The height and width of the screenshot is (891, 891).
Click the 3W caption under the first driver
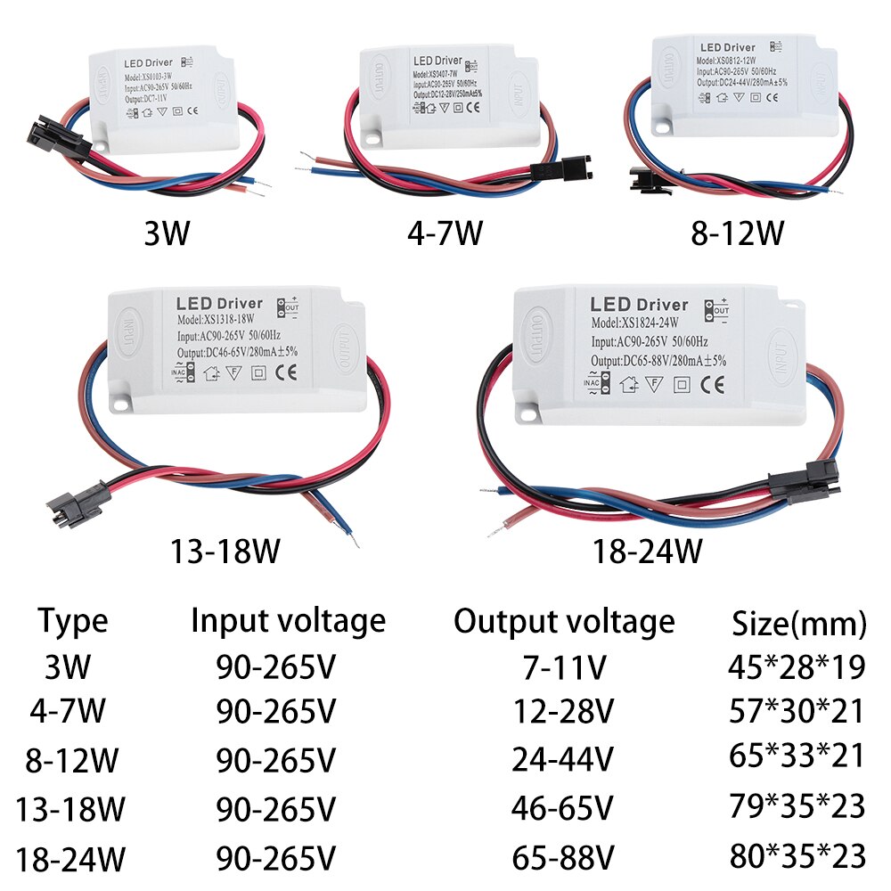click(167, 233)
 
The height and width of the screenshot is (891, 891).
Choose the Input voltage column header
click(288, 620)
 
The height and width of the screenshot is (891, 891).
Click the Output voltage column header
click(564, 620)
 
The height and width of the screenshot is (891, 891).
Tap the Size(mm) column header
click(798, 624)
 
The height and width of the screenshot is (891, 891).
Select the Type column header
click(73, 622)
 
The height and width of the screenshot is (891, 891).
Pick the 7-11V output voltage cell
click(563, 666)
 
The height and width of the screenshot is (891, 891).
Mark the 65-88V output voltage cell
click(563, 858)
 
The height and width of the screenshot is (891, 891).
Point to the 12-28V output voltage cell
click(563, 712)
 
